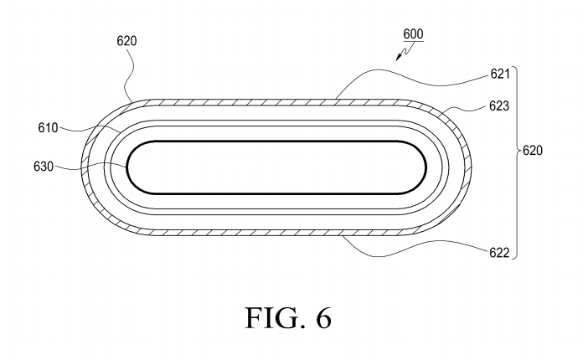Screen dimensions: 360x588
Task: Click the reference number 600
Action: (413, 34)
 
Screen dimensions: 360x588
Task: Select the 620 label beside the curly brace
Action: (533, 152)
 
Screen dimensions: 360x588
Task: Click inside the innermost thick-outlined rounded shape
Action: (276, 167)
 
